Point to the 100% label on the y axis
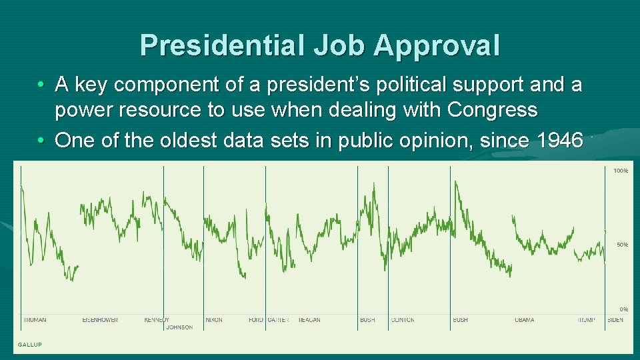pyautogui.click(x=620, y=171)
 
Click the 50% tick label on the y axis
pyautogui.click(x=621, y=245)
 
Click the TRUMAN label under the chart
pyautogui.click(x=35, y=320)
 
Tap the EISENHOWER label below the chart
pyautogui.click(x=100, y=320)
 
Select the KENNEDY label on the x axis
pyautogui.click(x=157, y=320)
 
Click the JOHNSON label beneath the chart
pyautogui.click(x=179, y=327)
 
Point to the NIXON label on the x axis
pyautogui.click(x=214, y=320)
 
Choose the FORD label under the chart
pyautogui.click(x=256, y=320)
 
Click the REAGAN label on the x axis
pyautogui.click(x=309, y=320)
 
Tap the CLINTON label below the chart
pyautogui.click(x=403, y=320)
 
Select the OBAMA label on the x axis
pyautogui.click(x=524, y=320)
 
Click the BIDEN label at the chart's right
pyautogui.click(x=615, y=320)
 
